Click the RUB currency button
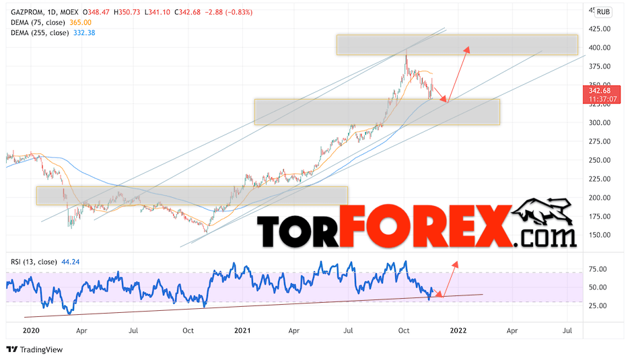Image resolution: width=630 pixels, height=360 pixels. (604, 11)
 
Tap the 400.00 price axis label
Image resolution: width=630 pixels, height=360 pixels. (600, 48)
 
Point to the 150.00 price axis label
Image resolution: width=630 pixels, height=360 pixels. (600, 235)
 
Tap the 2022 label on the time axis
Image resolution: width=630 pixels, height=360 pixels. (458, 331)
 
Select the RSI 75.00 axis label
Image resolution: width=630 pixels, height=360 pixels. (598, 269)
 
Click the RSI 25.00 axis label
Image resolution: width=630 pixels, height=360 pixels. (598, 305)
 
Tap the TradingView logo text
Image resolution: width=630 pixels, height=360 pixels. (40, 349)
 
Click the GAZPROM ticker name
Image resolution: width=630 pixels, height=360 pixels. (26, 11)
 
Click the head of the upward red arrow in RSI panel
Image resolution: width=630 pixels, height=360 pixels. (456, 262)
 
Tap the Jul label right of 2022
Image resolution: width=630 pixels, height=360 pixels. (567, 331)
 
